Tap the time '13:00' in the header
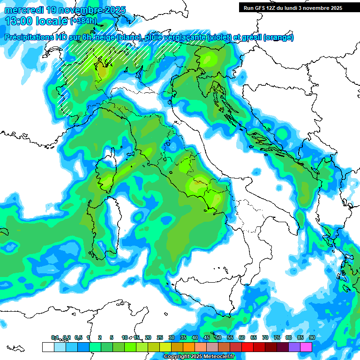pos(18,21)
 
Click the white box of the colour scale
pos(48,347)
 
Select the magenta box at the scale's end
pos(306,347)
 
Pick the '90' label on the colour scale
pos(312,338)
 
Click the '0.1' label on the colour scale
pos(55,338)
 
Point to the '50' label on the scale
pos(218,338)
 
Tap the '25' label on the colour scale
pos(159,338)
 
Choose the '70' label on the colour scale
pos(265,338)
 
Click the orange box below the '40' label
pos(189,347)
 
